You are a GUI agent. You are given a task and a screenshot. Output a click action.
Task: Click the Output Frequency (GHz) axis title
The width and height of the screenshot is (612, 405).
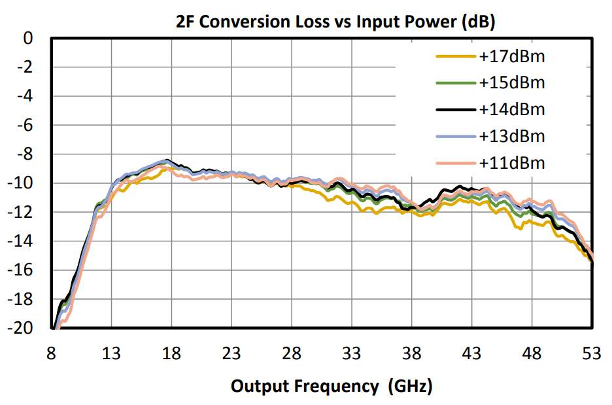[331, 386]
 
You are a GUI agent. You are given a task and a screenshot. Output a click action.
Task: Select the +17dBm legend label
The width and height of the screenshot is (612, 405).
[511, 57]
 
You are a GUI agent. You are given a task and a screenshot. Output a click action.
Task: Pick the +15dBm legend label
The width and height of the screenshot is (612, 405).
[511, 83]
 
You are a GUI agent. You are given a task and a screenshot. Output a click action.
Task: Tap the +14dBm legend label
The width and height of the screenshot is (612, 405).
[511, 109]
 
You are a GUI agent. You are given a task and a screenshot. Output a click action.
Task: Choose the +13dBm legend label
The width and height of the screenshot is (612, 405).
[511, 136]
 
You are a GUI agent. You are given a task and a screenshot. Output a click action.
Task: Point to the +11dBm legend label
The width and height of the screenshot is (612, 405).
[511, 162]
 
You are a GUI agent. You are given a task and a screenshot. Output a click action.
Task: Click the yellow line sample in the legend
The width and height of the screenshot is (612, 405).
[455, 57]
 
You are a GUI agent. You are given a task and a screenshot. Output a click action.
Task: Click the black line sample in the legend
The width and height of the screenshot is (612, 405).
[455, 109]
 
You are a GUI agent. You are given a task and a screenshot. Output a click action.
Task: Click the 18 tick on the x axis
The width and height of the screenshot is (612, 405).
[171, 354]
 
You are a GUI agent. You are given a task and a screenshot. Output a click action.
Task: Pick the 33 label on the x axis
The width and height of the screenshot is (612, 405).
[352, 354]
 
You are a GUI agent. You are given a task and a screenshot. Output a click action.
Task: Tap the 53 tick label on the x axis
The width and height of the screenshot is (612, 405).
[592, 354]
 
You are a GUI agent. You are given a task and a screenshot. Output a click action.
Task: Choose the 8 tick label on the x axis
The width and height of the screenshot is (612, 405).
[51, 354]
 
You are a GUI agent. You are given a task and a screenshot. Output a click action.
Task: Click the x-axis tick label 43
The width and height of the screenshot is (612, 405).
[472, 354]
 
